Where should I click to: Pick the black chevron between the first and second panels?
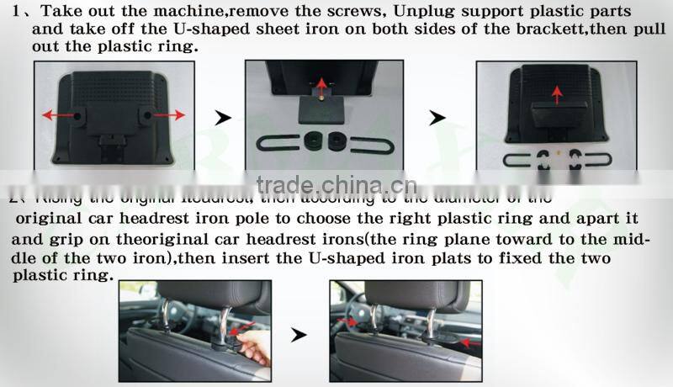point(222,119)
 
